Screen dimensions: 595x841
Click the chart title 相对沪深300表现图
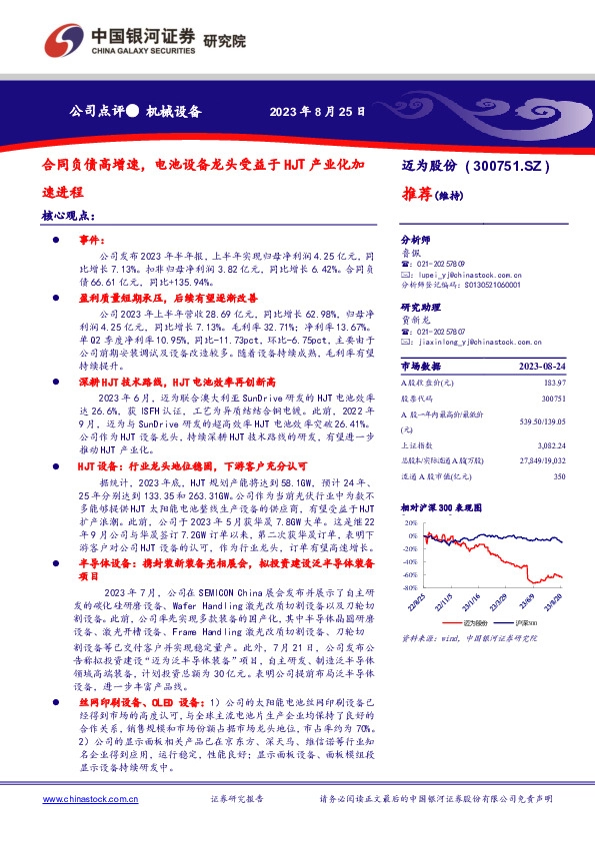446,507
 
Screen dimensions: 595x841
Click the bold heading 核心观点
69,216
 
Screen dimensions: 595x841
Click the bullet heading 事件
92,240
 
